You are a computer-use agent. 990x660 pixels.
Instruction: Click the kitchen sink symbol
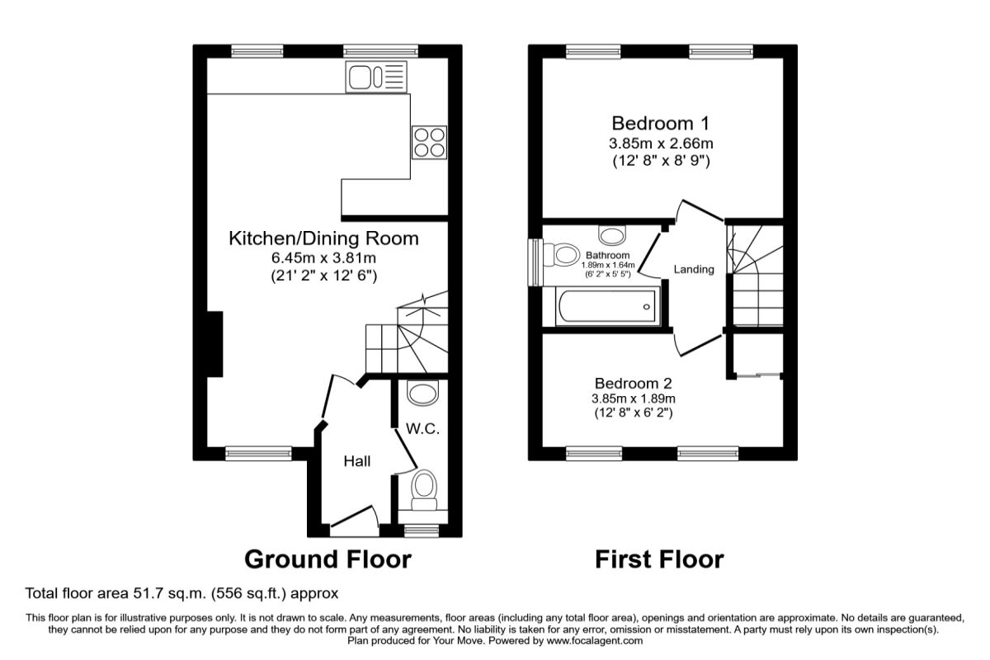tap(376, 78)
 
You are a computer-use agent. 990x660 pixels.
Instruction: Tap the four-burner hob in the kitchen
tap(429, 143)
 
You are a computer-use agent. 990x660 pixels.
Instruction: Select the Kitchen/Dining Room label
tap(323, 238)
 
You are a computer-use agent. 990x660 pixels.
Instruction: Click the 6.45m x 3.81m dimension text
tap(323, 257)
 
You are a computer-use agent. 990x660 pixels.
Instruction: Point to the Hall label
tap(357, 461)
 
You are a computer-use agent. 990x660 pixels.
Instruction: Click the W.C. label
tap(422, 429)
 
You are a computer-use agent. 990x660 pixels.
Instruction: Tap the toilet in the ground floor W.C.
tap(424, 491)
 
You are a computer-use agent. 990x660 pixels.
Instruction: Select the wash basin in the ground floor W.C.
tap(422, 393)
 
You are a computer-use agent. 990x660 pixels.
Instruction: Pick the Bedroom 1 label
tap(660, 123)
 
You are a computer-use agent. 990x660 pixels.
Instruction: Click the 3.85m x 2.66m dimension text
tap(661, 144)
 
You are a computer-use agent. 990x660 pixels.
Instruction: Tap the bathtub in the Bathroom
tap(608, 306)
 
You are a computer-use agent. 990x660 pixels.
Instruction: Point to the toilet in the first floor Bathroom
tap(561, 255)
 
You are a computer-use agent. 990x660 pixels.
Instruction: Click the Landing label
tap(694, 269)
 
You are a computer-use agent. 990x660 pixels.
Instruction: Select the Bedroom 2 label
tap(633, 384)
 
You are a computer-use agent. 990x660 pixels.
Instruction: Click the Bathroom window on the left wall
tap(535, 262)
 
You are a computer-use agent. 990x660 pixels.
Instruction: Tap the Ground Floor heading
tap(328, 559)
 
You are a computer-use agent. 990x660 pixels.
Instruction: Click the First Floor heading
tap(659, 559)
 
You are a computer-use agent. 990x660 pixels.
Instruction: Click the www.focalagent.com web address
tap(595, 640)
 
